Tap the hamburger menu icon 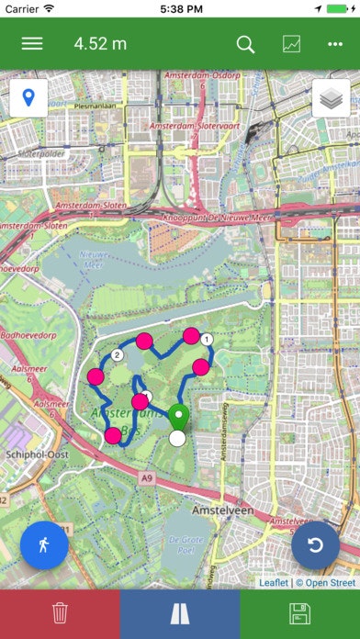[x=32, y=43]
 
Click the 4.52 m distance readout [x=100, y=43]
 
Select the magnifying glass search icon [x=245, y=43]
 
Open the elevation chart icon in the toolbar [x=291, y=43]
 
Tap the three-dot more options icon [x=334, y=43]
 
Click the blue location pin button [x=28, y=98]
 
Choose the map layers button [x=331, y=98]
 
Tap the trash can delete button [x=60, y=613]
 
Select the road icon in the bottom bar [x=180, y=613]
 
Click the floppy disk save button [x=299, y=613]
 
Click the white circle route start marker [x=177, y=438]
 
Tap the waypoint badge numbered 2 [x=117, y=355]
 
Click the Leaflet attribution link [x=274, y=582]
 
